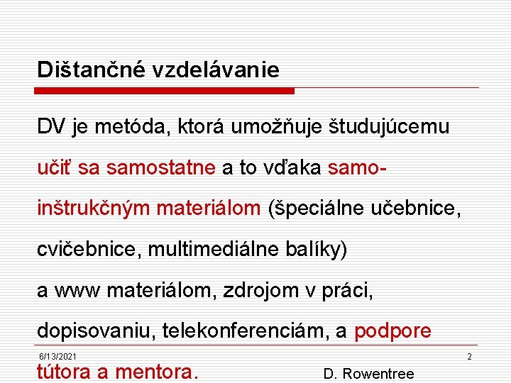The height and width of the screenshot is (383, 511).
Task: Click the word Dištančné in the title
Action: (84, 70)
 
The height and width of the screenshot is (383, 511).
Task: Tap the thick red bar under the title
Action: (164, 91)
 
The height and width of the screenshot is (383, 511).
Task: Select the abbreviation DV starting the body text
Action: (52, 127)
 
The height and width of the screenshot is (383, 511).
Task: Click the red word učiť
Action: (55, 167)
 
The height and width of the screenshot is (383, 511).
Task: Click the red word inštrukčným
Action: (94, 209)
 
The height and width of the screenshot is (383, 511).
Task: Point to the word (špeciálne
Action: (317, 209)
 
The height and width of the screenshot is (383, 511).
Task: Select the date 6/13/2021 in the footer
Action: (58, 356)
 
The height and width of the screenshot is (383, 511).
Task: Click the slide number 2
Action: (469, 356)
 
